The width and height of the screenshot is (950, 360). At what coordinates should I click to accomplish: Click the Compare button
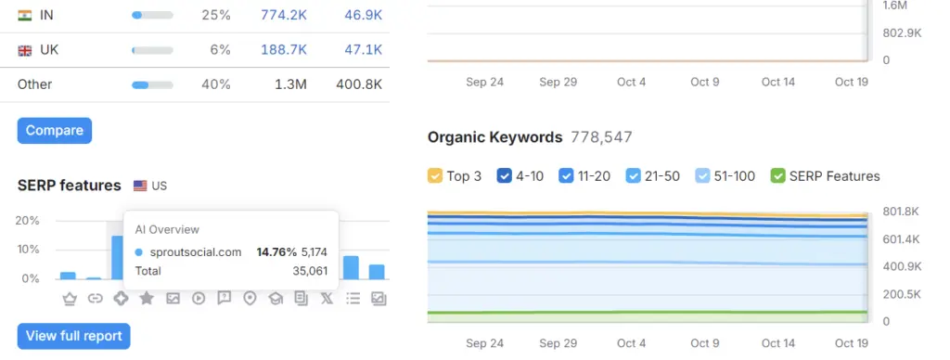[x=55, y=131]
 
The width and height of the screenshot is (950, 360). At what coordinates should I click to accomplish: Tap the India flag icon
[x=25, y=15]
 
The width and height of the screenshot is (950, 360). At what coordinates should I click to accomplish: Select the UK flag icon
[x=25, y=50]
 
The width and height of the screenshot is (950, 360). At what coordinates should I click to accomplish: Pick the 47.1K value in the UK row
[x=363, y=49]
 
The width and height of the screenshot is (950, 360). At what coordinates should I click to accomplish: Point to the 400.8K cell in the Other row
[x=359, y=84]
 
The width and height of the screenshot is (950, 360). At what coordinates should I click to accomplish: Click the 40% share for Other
[x=216, y=84]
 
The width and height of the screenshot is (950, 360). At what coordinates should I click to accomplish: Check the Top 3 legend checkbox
[x=435, y=175]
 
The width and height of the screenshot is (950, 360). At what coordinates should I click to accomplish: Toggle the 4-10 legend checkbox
[x=506, y=175]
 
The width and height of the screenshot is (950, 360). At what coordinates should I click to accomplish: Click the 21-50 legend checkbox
[x=634, y=175]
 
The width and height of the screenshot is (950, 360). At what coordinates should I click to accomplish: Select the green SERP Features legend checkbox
[x=778, y=175]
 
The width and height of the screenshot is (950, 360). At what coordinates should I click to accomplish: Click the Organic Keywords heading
[x=494, y=137]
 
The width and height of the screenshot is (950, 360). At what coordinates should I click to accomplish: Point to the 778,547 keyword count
[x=602, y=137]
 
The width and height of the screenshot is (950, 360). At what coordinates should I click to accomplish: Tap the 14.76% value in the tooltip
[x=276, y=251]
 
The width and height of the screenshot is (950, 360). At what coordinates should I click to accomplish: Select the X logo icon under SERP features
[x=327, y=298]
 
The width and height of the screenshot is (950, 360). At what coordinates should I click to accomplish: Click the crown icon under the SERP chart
[x=69, y=298]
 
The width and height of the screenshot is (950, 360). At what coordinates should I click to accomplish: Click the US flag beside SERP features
[x=141, y=186]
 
